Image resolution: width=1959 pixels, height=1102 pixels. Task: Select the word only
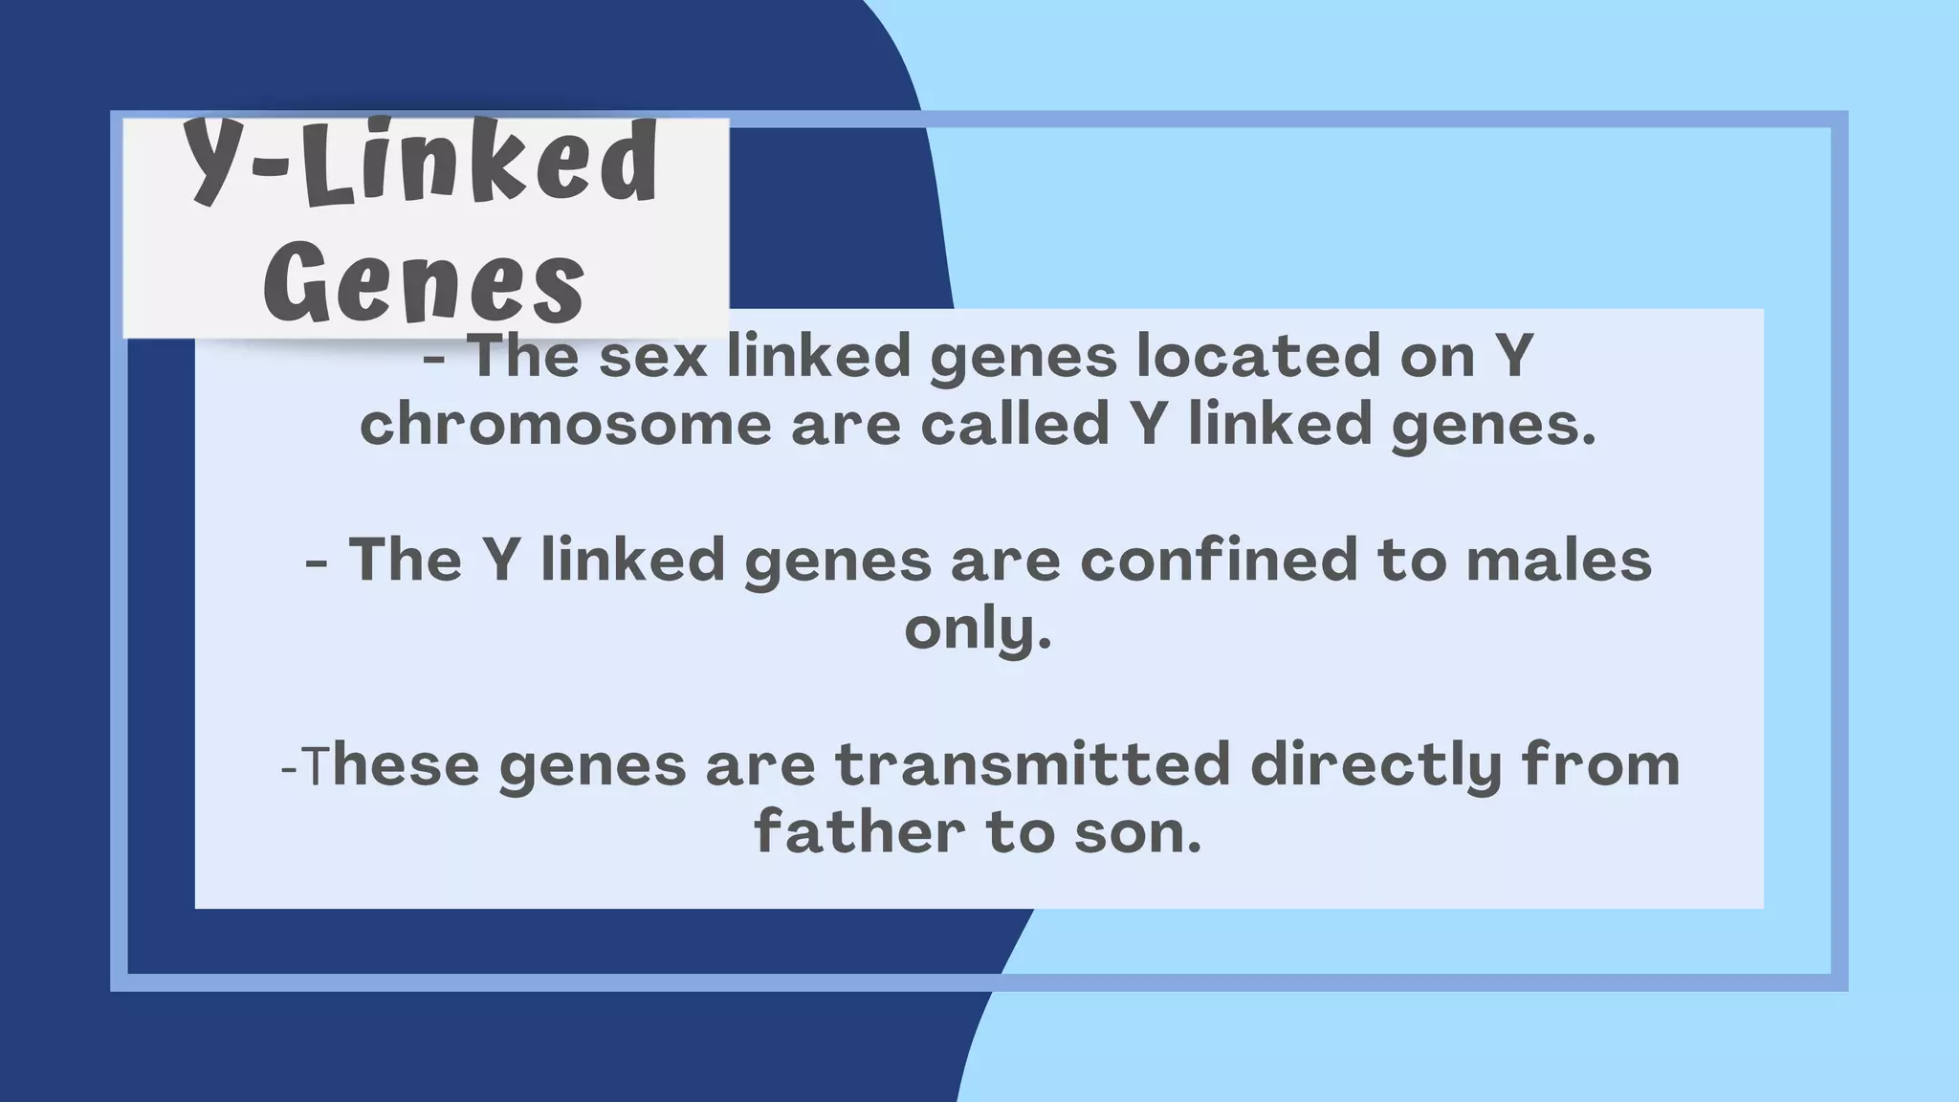[978, 629]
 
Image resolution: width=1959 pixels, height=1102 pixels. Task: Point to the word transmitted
[1032, 765]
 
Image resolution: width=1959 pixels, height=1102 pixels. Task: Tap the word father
[858, 832]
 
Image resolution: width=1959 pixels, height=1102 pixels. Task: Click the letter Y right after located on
[1514, 356]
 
